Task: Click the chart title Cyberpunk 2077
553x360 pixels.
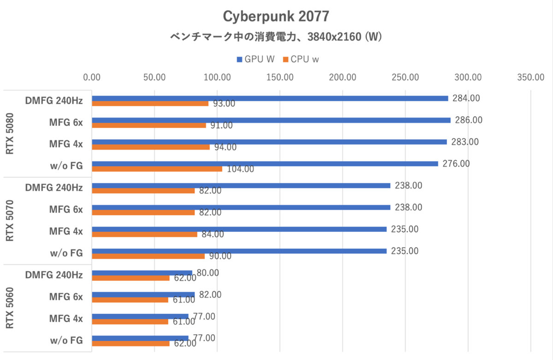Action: [276, 17]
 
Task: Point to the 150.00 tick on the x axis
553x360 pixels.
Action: [280, 77]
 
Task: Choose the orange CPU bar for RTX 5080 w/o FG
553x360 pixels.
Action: [157, 169]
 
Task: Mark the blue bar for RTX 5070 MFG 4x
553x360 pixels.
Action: [239, 229]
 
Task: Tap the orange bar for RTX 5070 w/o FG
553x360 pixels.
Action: [148, 256]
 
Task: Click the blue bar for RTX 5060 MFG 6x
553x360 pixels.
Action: [143, 295]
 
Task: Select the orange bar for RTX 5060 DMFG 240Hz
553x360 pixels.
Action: [131, 278]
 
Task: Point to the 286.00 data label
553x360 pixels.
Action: [468, 120]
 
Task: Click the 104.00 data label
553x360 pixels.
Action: [239, 169]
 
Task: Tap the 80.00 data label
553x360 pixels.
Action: [208, 273]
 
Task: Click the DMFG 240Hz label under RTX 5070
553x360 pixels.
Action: [54, 188]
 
